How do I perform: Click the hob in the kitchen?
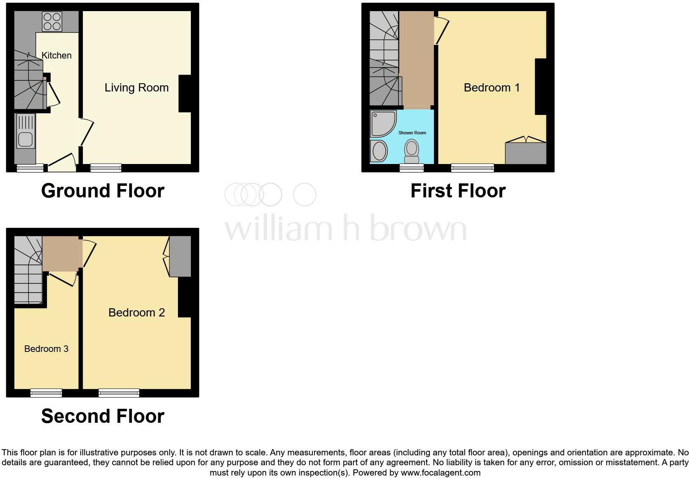pos(52,21)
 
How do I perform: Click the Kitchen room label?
pos(56,55)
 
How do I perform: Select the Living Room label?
pos(136,87)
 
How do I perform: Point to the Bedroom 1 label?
pos(492,87)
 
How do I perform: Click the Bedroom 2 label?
pos(136,312)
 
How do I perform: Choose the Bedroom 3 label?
pos(46,349)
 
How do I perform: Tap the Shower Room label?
pos(412,133)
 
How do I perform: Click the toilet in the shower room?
pos(412,151)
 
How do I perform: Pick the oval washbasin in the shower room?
pos(379,151)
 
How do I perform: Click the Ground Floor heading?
pos(103,191)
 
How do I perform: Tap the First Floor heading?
pos(458,191)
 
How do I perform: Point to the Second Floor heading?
pos(103,416)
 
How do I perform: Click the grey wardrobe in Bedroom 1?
pos(526,153)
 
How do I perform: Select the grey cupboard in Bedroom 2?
pos(180,256)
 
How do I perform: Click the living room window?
pos(106,167)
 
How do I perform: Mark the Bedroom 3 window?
pos(46,393)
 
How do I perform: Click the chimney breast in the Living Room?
pos(185,94)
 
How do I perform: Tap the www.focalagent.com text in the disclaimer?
pos(440,473)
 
